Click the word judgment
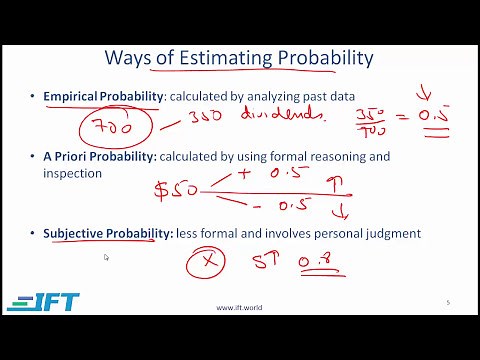point(395,234)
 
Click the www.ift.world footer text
point(239,307)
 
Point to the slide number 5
point(447,302)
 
